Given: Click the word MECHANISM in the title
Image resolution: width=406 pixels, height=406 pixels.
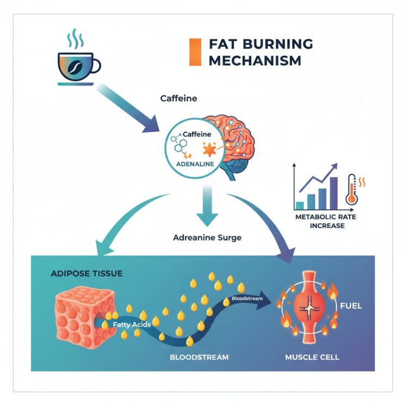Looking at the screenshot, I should [254, 60].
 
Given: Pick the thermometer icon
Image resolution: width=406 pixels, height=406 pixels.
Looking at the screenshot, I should [352, 190].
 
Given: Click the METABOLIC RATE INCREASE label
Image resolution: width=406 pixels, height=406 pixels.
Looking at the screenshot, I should [321, 222].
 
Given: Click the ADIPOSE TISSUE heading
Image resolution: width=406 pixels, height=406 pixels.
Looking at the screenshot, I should [87, 273].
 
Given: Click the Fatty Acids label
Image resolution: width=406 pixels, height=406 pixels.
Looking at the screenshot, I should [131, 325].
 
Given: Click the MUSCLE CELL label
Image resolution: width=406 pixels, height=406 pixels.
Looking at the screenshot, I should [312, 358].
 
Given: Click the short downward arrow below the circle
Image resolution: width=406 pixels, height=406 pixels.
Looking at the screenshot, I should [206, 210].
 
